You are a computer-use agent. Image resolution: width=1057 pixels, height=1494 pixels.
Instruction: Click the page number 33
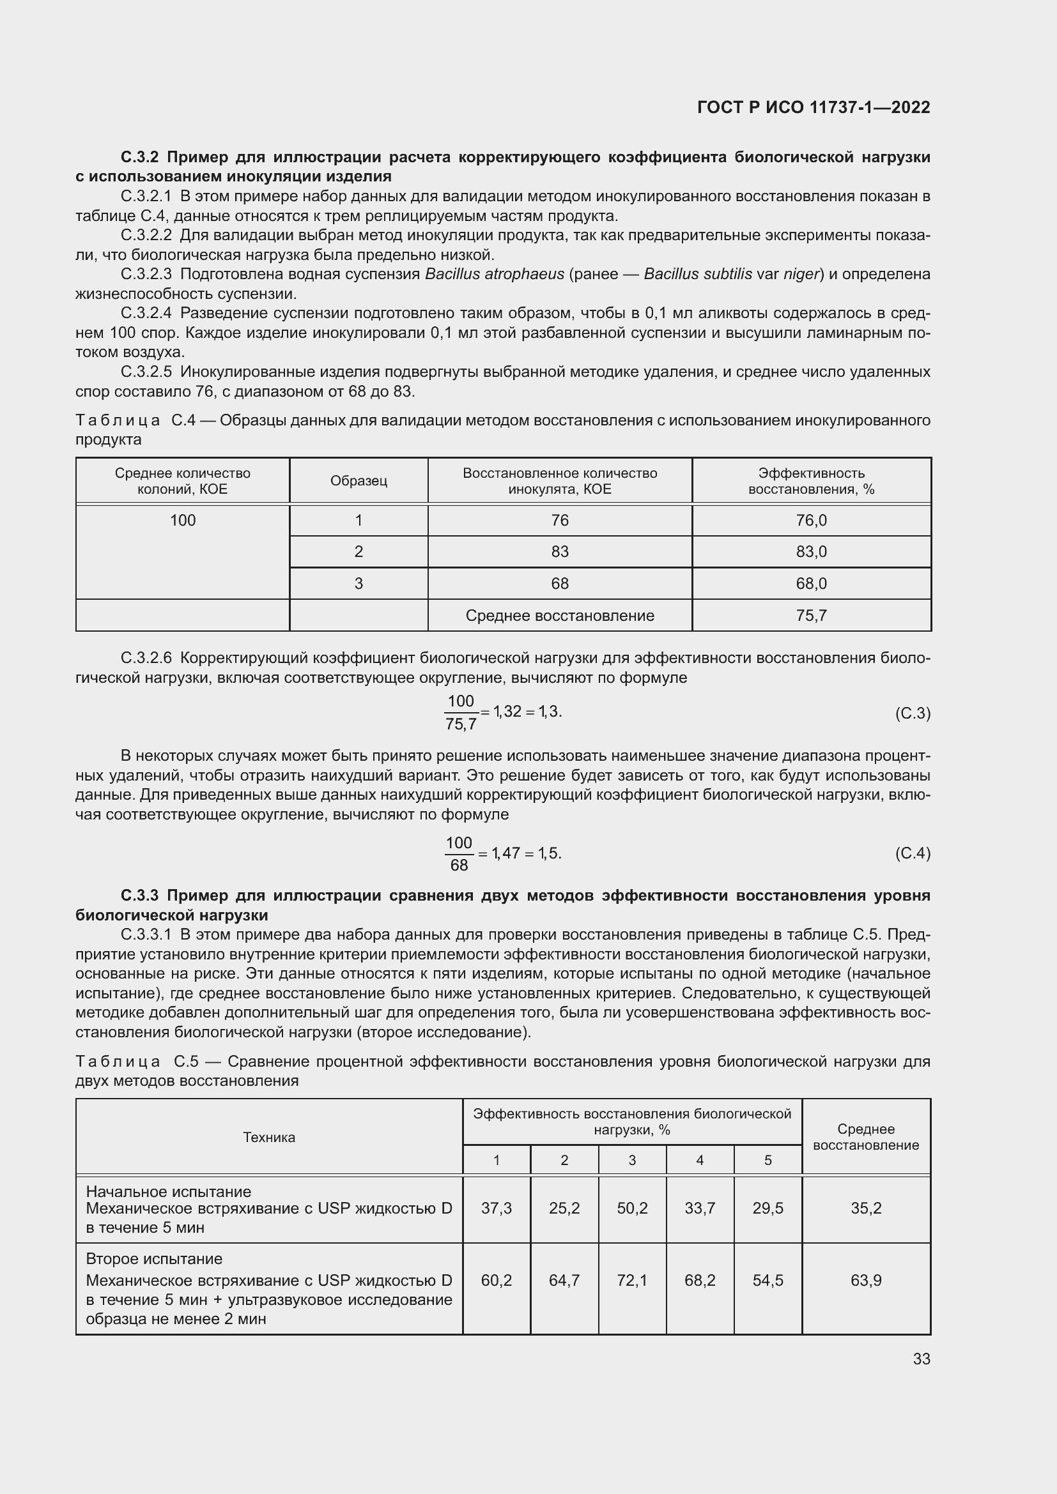pyautogui.click(x=921, y=1359)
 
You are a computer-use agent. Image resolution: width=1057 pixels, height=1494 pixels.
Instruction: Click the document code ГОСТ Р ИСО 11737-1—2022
pyautogui.click(x=813, y=107)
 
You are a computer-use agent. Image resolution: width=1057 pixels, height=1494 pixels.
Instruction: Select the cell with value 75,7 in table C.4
pyautogui.click(x=811, y=616)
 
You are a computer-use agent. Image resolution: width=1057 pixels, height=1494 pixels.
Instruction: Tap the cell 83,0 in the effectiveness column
pyautogui.click(x=811, y=552)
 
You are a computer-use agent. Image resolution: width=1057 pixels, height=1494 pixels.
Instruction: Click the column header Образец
pyautogui.click(x=359, y=481)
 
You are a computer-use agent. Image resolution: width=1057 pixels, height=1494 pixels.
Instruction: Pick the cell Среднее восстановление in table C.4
pyautogui.click(x=560, y=616)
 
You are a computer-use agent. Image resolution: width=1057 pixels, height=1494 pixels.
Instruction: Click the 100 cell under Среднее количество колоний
pyautogui.click(x=183, y=521)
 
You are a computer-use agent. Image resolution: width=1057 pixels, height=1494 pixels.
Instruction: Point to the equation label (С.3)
pyautogui.click(x=913, y=714)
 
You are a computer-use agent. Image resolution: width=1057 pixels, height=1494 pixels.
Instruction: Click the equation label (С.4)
pyautogui.click(x=913, y=853)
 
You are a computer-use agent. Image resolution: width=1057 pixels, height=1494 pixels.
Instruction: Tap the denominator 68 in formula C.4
pyautogui.click(x=459, y=865)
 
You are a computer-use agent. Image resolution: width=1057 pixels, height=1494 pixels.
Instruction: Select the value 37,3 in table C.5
pyautogui.click(x=496, y=1208)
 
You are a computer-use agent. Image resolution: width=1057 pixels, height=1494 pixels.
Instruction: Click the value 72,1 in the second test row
pyautogui.click(x=632, y=1281)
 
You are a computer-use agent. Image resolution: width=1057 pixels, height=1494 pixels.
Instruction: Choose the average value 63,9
pyautogui.click(x=866, y=1281)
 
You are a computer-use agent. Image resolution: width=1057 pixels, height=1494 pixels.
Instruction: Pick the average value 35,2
pyautogui.click(x=866, y=1208)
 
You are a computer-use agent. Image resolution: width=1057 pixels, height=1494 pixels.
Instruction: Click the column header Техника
pyautogui.click(x=269, y=1138)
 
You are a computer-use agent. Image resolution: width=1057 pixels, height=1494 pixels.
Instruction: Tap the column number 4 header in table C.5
pyautogui.click(x=700, y=1160)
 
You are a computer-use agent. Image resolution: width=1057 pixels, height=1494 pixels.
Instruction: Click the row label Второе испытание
pyautogui.click(x=154, y=1258)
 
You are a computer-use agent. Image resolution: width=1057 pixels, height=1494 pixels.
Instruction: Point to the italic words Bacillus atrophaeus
pyautogui.click(x=494, y=274)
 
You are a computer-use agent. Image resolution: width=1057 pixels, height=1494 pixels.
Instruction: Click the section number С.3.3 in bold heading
pyautogui.click(x=139, y=896)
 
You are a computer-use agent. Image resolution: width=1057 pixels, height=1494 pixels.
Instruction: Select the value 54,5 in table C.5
pyautogui.click(x=768, y=1281)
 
